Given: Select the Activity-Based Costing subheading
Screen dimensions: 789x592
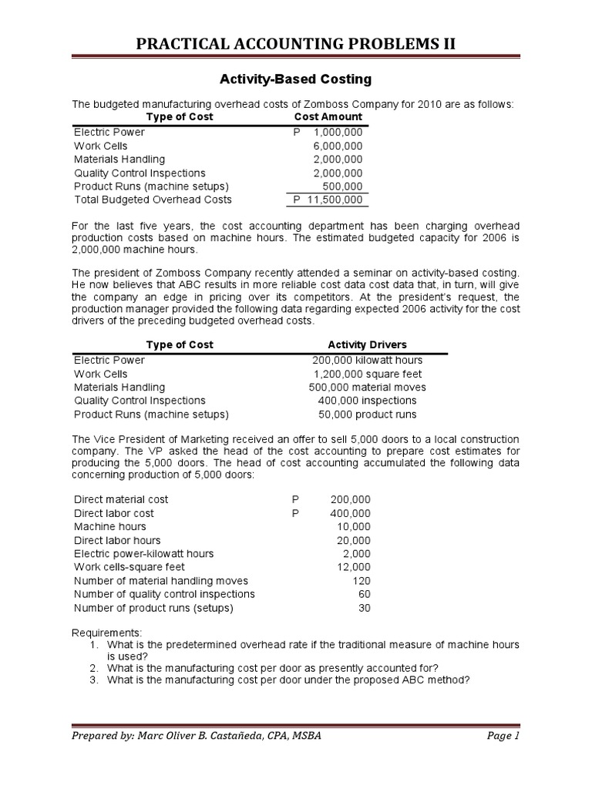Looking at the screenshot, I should tap(296, 79).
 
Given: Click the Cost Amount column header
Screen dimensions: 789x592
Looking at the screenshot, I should tap(328, 117).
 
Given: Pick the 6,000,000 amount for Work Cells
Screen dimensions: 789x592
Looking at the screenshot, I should tap(338, 146).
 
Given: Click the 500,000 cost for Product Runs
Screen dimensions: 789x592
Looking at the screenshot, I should tap(343, 186).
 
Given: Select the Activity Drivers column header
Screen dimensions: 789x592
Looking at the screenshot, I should tap(367, 344).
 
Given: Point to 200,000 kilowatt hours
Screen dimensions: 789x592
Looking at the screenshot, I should tap(367, 360).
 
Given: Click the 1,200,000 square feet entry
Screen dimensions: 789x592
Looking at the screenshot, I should tap(367, 374).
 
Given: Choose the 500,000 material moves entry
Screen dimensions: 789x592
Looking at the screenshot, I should tap(367, 388).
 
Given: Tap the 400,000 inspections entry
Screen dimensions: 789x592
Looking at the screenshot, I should tap(367, 401).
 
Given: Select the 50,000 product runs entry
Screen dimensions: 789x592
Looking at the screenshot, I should tap(367, 415).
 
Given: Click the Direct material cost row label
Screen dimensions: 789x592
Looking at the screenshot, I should tap(121, 499).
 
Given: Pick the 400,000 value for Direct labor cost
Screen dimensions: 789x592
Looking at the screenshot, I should tap(350, 513).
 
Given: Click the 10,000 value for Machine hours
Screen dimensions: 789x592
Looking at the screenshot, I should tap(354, 526).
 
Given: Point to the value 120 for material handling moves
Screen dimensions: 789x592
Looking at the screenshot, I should tap(362, 581).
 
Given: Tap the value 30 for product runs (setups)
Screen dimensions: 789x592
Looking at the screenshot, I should tap(364, 608).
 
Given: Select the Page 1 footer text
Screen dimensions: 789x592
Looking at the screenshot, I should tap(503, 736).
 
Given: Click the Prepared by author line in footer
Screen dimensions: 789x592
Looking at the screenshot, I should tap(197, 736).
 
